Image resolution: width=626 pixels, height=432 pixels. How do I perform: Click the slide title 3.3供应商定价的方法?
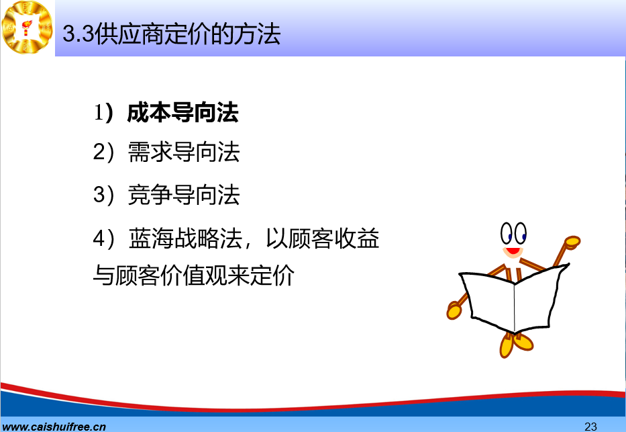pos(172,34)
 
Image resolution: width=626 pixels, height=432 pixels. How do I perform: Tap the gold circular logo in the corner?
pos(27,27)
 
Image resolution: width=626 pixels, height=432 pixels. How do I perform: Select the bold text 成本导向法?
pos(183,112)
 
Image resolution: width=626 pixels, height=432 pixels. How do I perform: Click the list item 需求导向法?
pos(184,153)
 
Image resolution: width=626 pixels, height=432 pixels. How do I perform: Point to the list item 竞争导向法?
pos(184,195)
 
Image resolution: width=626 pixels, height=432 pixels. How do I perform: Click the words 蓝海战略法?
pos(186,239)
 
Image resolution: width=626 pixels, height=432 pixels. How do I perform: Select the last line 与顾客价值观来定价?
pos(194,275)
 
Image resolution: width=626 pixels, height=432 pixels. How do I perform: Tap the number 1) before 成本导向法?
pos(104,112)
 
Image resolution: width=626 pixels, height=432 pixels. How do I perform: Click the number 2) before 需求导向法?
pos(104,153)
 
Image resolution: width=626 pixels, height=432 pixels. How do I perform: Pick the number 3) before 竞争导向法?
pos(104,195)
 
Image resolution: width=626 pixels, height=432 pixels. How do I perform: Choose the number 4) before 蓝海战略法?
pos(104,239)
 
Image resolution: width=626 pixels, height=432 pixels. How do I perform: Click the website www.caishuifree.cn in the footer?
pos(54,427)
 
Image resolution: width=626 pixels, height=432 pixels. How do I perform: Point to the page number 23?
pos(590,427)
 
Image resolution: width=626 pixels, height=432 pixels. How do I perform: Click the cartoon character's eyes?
pos(513,233)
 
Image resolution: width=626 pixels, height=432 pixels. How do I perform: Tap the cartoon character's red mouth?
pos(513,251)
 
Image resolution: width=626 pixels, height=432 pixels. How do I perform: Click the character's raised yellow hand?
pos(572,242)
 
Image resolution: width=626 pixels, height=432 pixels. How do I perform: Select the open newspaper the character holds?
pos(513,298)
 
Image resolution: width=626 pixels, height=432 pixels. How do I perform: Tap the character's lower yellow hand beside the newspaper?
pos(454,310)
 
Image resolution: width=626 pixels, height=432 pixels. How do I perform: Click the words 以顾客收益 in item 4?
pos(323,239)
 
